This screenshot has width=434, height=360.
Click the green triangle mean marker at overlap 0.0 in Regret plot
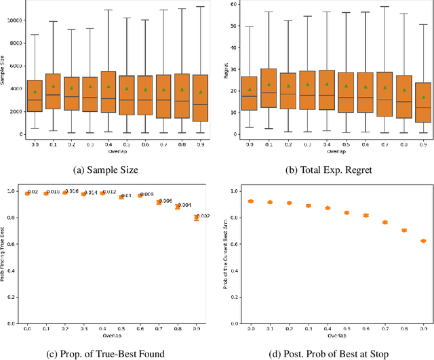tap(250, 89)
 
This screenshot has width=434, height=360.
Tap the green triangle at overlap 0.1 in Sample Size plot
tap(53, 86)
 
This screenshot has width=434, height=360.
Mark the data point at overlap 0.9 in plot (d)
tap(405, 241)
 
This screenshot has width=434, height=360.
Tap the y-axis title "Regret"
tap(225, 70)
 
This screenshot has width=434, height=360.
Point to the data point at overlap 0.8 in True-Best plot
tap(178, 207)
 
